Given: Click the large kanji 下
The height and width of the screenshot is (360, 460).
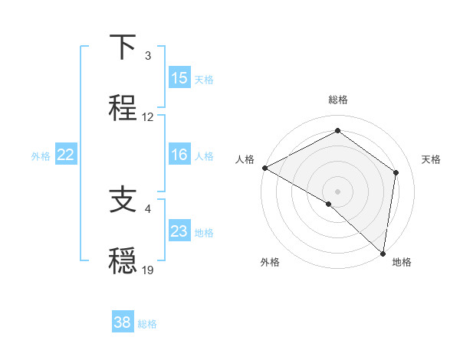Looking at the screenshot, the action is coord(123,48).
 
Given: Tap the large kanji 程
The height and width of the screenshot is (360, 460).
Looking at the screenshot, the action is coord(123,106).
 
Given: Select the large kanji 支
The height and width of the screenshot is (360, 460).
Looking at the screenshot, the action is coord(123,201).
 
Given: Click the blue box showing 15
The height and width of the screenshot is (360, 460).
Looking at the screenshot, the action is coord(179,78).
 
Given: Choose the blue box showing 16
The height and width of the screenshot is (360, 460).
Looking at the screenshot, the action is coord(179,155).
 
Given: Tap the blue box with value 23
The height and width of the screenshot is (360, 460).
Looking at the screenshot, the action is coord(179,231).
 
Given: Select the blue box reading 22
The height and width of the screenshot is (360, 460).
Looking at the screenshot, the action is coord(66,155).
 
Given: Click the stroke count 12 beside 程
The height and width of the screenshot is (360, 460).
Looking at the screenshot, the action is coord(149,117).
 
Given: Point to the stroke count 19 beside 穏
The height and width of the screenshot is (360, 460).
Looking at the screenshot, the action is coord(149,270).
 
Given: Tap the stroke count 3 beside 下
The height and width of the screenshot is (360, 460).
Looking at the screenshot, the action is coord(149,56).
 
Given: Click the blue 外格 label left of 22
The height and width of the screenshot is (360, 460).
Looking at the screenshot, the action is coord(41,155).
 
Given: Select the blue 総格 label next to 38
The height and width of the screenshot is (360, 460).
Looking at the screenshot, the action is coord(147,323).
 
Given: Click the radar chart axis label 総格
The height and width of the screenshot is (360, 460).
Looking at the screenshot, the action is coord(337,100).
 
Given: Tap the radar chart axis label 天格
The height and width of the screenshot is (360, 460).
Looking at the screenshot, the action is coord(432,159).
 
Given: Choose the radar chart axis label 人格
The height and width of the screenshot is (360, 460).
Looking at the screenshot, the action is coord(245,159).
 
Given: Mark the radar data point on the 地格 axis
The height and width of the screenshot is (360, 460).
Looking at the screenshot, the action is coord(383,252).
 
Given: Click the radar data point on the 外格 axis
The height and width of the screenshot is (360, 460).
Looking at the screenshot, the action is coord(329,204).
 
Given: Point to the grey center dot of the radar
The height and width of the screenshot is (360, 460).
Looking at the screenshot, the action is coord(337,191).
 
